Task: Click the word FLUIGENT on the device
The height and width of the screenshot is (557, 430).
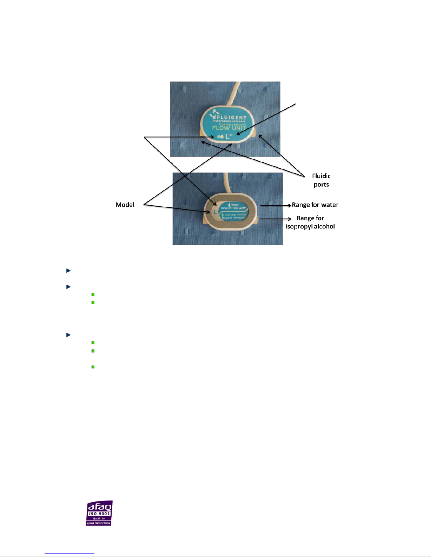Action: pyautogui.click(x=232, y=117)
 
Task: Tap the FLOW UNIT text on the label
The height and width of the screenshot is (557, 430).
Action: pyautogui.click(x=229, y=128)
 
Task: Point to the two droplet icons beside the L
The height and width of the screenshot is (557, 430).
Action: pyautogui.click(x=220, y=136)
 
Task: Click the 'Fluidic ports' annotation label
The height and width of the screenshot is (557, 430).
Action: pyautogui.click(x=321, y=180)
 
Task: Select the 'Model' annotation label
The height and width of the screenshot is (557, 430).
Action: pyautogui.click(x=125, y=205)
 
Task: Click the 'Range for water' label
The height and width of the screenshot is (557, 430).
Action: pyautogui.click(x=315, y=205)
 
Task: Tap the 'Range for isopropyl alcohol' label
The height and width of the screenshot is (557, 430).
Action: pyautogui.click(x=310, y=222)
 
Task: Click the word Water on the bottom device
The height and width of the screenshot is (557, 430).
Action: pyautogui.click(x=235, y=205)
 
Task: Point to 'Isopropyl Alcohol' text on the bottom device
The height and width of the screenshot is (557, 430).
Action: pyautogui.click(x=235, y=214)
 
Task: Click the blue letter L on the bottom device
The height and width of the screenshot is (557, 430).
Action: pyautogui.click(x=215, y=212)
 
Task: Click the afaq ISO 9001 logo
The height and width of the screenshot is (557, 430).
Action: pyautogui.click(x=99, y=513)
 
